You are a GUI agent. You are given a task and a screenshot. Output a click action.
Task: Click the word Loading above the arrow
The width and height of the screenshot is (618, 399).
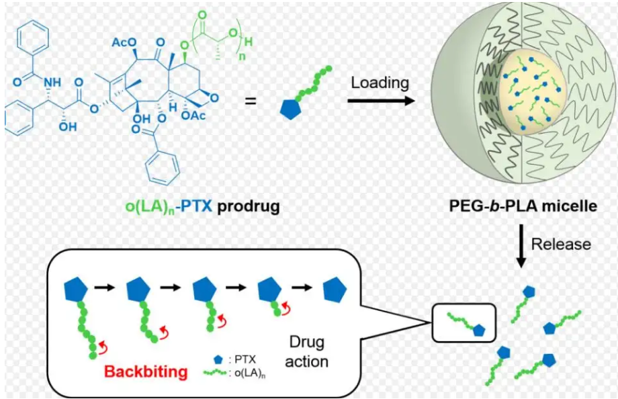point(380,83)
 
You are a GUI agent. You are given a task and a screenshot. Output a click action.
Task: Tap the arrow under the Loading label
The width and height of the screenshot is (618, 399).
point(381,101)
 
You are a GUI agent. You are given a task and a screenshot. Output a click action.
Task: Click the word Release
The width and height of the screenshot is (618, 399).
point(561,244)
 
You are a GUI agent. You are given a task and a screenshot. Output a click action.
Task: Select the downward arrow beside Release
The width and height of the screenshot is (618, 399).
point(521,247)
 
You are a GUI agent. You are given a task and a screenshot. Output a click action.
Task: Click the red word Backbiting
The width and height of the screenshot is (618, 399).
point(146,372)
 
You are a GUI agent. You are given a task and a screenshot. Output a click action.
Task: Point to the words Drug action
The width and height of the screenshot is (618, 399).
point(306,352)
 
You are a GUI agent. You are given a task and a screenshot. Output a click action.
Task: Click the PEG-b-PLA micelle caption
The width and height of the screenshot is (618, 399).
point(523,206)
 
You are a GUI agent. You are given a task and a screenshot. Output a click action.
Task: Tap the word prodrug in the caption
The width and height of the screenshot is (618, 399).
point(249,206)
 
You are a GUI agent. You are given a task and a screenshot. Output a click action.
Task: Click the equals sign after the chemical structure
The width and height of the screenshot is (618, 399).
point(251,101)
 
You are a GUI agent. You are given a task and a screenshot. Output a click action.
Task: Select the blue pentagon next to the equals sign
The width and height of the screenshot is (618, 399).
point(291,108)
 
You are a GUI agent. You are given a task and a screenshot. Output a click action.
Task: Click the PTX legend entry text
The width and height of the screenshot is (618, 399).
point(242,359)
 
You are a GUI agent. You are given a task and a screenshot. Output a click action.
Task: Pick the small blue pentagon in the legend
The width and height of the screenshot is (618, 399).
point(219,359)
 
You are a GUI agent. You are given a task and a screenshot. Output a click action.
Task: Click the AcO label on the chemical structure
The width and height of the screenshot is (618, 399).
point(124,42)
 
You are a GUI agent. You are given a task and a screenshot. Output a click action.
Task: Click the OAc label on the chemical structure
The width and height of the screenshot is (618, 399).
point(193,116)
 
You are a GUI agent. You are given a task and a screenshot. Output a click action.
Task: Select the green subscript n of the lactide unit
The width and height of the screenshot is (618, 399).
point(242,56)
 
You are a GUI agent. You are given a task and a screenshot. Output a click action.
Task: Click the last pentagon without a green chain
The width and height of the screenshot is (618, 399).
point(335,290)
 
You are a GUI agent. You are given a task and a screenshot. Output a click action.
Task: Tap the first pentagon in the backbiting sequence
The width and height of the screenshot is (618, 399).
point(76,290)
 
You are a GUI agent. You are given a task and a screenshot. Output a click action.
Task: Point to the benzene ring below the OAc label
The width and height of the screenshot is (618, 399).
point(163,167)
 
